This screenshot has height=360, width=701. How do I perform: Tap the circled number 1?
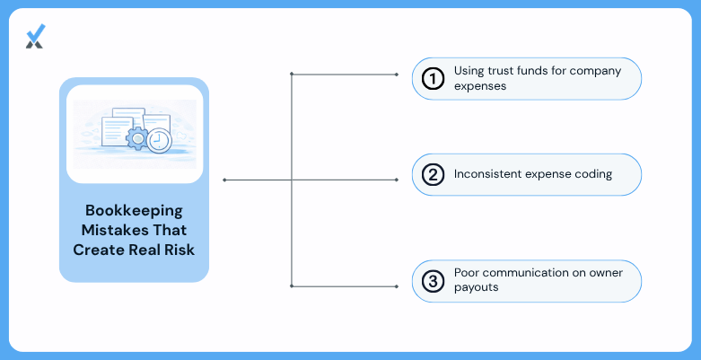click(433, 79)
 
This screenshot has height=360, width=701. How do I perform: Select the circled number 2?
click(433, 175)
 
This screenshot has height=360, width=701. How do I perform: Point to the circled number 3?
click(433, 281)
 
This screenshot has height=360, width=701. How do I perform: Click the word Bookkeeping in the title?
click(134, 211)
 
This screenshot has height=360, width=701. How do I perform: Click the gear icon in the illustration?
click(137, 138)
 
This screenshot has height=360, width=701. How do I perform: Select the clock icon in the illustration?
click(159, 141)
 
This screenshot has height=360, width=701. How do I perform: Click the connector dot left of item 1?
click(397, 75)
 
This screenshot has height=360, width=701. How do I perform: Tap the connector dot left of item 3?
click(397, 286)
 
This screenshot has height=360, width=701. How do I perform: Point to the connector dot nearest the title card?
click(224, 180)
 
